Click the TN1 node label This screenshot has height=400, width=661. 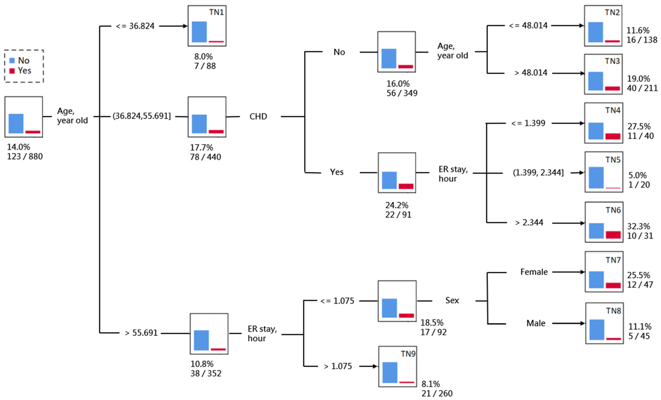point(216,12)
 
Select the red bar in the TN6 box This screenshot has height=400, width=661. point(613,235)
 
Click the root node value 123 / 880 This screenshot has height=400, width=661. point(25,156)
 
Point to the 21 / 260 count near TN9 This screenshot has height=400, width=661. point(437,393)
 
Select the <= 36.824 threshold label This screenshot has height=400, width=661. point(135,26)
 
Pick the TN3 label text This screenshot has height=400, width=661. point(612,61)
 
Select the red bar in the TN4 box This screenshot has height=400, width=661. point(613,136)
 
